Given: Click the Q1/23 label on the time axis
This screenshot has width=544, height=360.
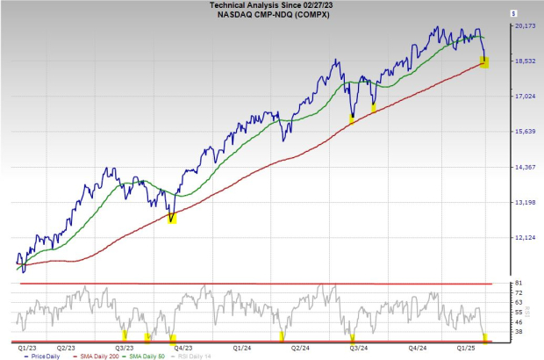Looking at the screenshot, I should pos(26,348).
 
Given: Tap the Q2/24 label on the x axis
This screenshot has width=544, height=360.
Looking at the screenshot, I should pos(302,348).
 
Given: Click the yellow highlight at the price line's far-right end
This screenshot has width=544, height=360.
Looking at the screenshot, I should pos(483,61).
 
